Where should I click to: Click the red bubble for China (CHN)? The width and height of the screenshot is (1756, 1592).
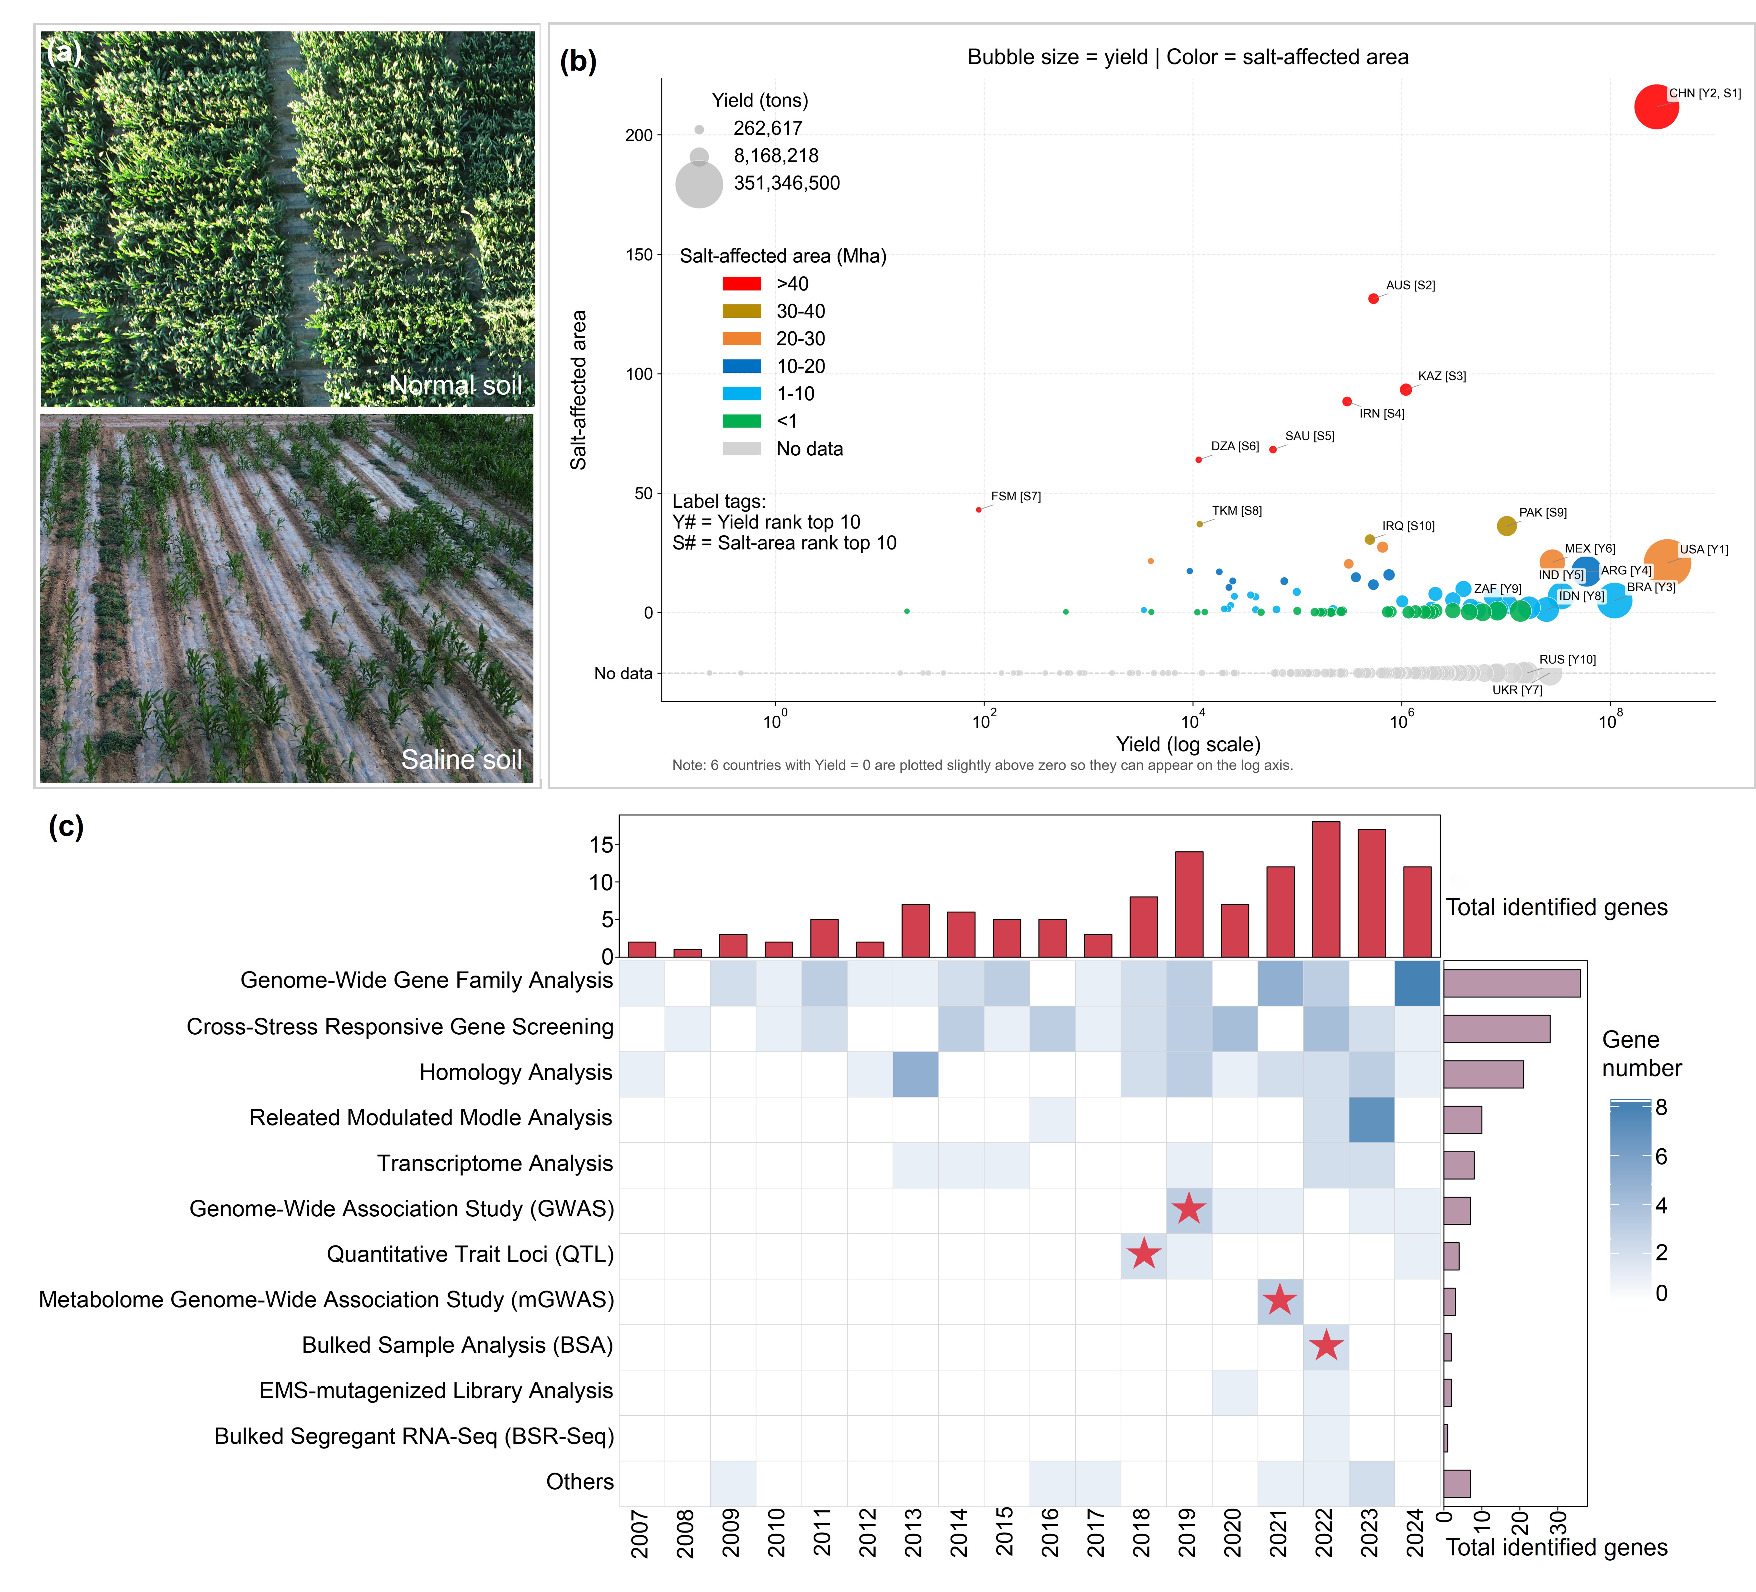click(x=1656, y=106)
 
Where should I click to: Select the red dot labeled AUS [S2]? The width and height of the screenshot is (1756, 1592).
click(x=1374, y=299)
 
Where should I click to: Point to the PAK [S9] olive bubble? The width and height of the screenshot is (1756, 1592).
click(x=1506, y=526)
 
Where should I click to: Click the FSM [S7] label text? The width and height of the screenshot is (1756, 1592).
click(x=1016, y=496)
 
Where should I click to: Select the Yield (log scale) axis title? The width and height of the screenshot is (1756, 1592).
click(x=1188, y=745)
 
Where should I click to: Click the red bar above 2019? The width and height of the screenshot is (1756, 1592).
click(x=1189, y=904)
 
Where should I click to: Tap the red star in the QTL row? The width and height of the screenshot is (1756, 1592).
click(x=1144, y=1254)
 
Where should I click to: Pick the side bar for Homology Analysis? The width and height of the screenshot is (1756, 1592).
click(x=1483, y=1074)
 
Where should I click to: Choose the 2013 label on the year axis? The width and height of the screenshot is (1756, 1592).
click(x=914, y=1533)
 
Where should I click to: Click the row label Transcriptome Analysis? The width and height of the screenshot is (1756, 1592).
click(x=495, y=1164)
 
